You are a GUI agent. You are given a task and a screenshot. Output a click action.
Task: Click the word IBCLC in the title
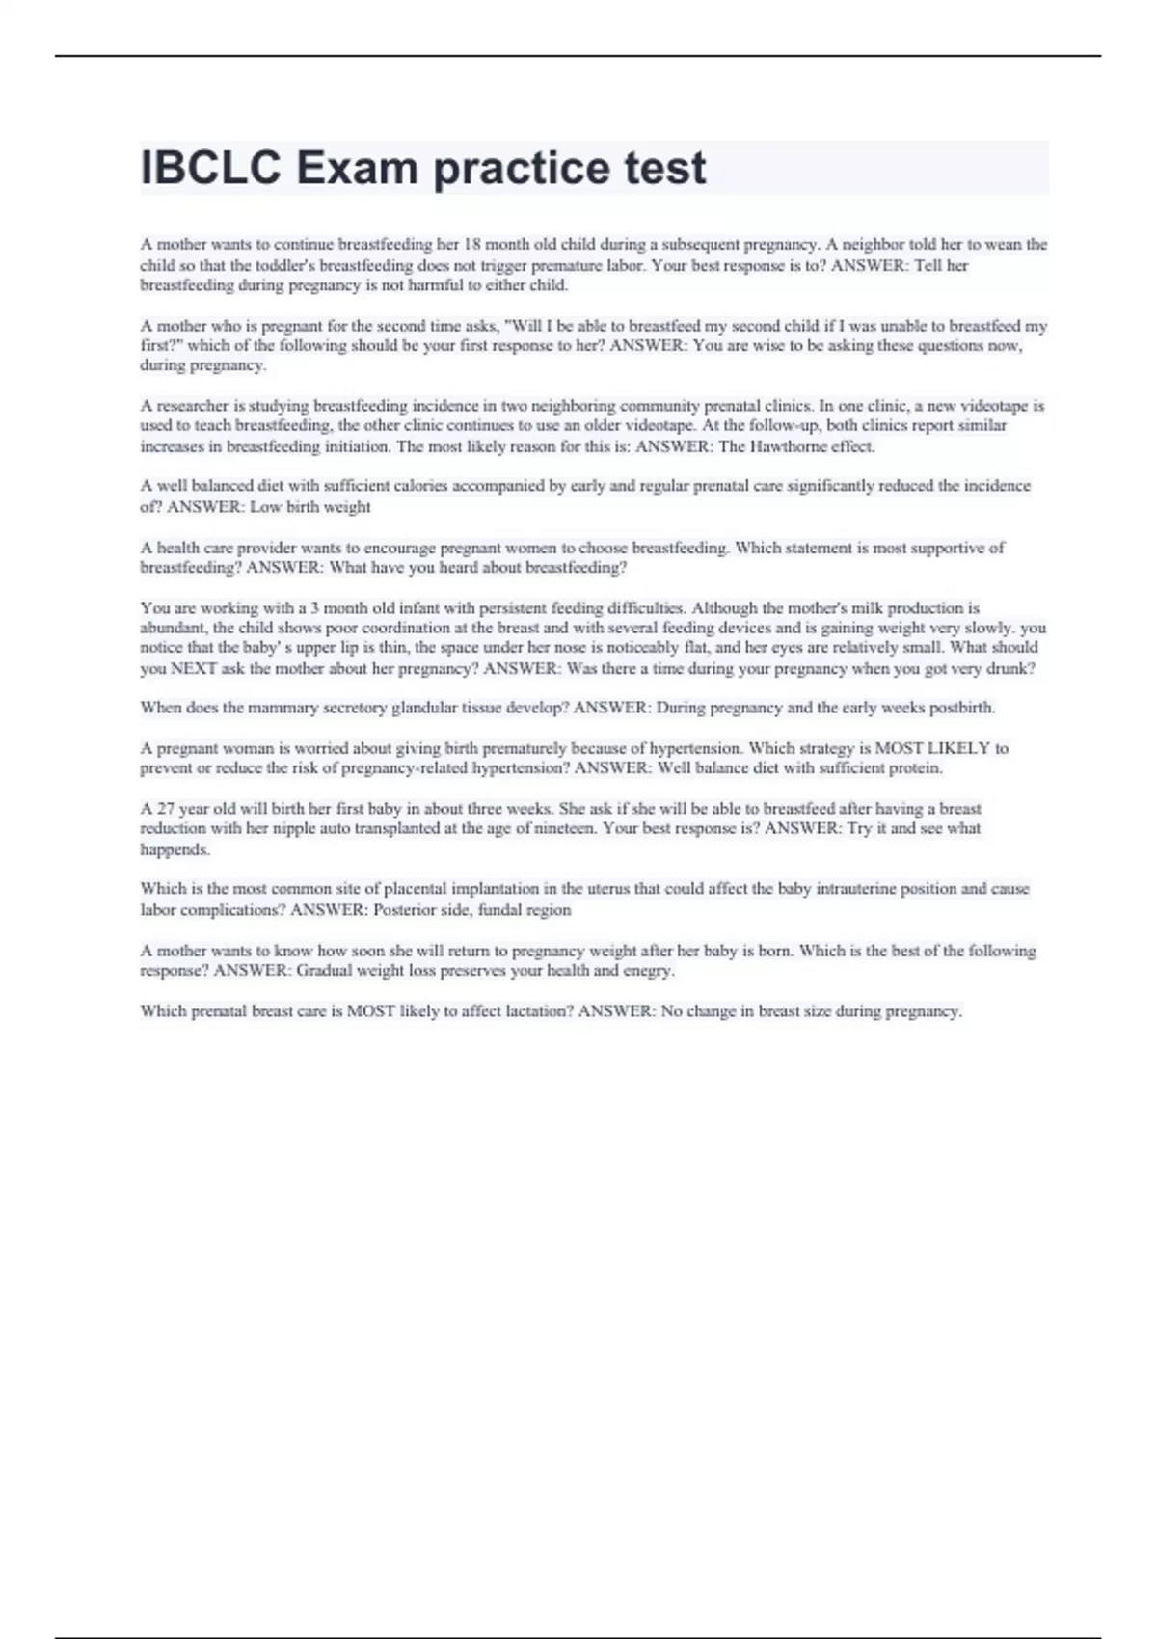(211, 169)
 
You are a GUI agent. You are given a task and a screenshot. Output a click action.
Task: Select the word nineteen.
(553, 828)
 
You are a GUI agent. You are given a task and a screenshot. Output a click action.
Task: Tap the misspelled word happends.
(175, 849)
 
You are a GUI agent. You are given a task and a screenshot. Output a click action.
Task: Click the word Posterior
(408, 909)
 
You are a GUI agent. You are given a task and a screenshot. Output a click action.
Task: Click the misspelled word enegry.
(648, 971)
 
